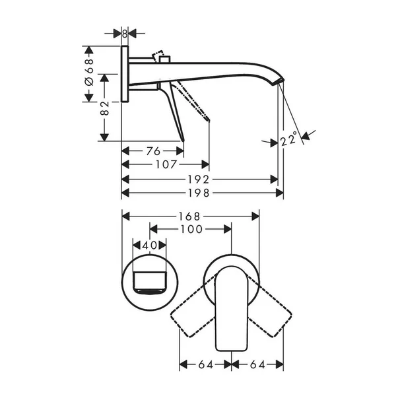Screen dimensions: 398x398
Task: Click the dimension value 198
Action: [x=197, y=193]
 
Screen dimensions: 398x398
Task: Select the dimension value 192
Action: [x=197, y=179]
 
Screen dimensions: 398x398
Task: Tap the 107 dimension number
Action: [x=165, y=164]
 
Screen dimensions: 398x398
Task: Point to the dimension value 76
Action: [x=153, y=151]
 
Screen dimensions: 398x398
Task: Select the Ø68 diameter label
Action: [x=90, y=70]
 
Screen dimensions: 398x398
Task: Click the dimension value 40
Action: [x=150, y=244]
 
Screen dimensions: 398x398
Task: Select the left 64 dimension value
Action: [x=205, y=364]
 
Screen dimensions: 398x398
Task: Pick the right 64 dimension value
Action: [x=258, y=364]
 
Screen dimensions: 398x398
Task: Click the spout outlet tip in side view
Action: [x=281, y=81]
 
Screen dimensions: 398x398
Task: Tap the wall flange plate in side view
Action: [x=125, y=74]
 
